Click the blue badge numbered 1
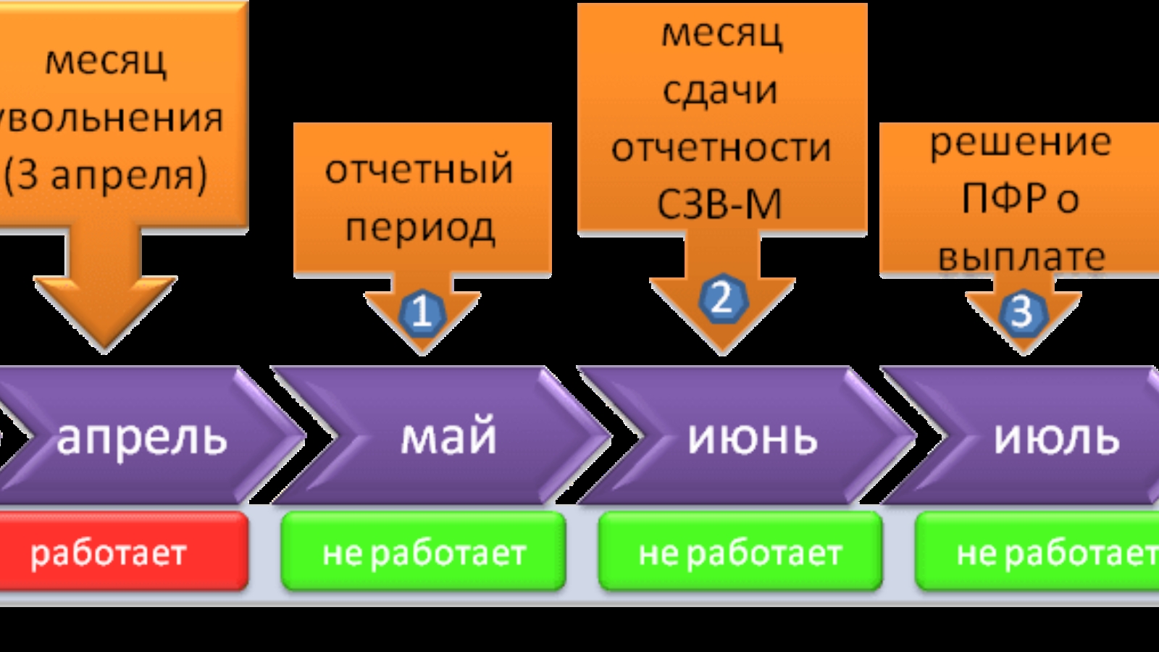coord(421,312)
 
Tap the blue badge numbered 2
coord(721,298)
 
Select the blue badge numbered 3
coord(1022,312)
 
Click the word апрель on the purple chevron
coord(142,437)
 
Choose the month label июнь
coord(753,437)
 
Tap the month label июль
coord(1056,437)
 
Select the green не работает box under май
coord(424,553)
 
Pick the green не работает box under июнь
coord(740,553)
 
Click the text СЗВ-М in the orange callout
coord(720,204)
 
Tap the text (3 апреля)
coord(106,175)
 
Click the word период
coord(420,228)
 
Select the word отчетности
coord(721,147)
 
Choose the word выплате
coord(1021,256)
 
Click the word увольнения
coord(112,117)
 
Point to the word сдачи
coord(720,91)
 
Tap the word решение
coord(1020,141)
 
